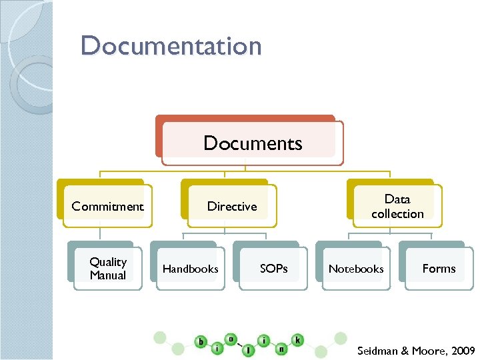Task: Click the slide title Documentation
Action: [171, 47]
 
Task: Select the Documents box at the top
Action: [252, 143]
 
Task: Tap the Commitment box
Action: [107, 206]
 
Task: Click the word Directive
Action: [232, 206]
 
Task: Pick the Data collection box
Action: [397, 206]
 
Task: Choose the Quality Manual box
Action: [107, 269]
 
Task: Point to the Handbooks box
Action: [191, 269]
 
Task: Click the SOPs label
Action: [274, 269]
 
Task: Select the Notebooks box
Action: [356, 269]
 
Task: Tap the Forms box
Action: [439, 269]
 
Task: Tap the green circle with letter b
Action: [201, 342]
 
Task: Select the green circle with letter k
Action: [297, 341]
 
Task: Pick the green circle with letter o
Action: [232, 339]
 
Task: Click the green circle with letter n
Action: [282, 348]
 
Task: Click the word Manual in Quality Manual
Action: [107, 275]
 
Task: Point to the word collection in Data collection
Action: [397, 214]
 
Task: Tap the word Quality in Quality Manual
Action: [108, 262]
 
